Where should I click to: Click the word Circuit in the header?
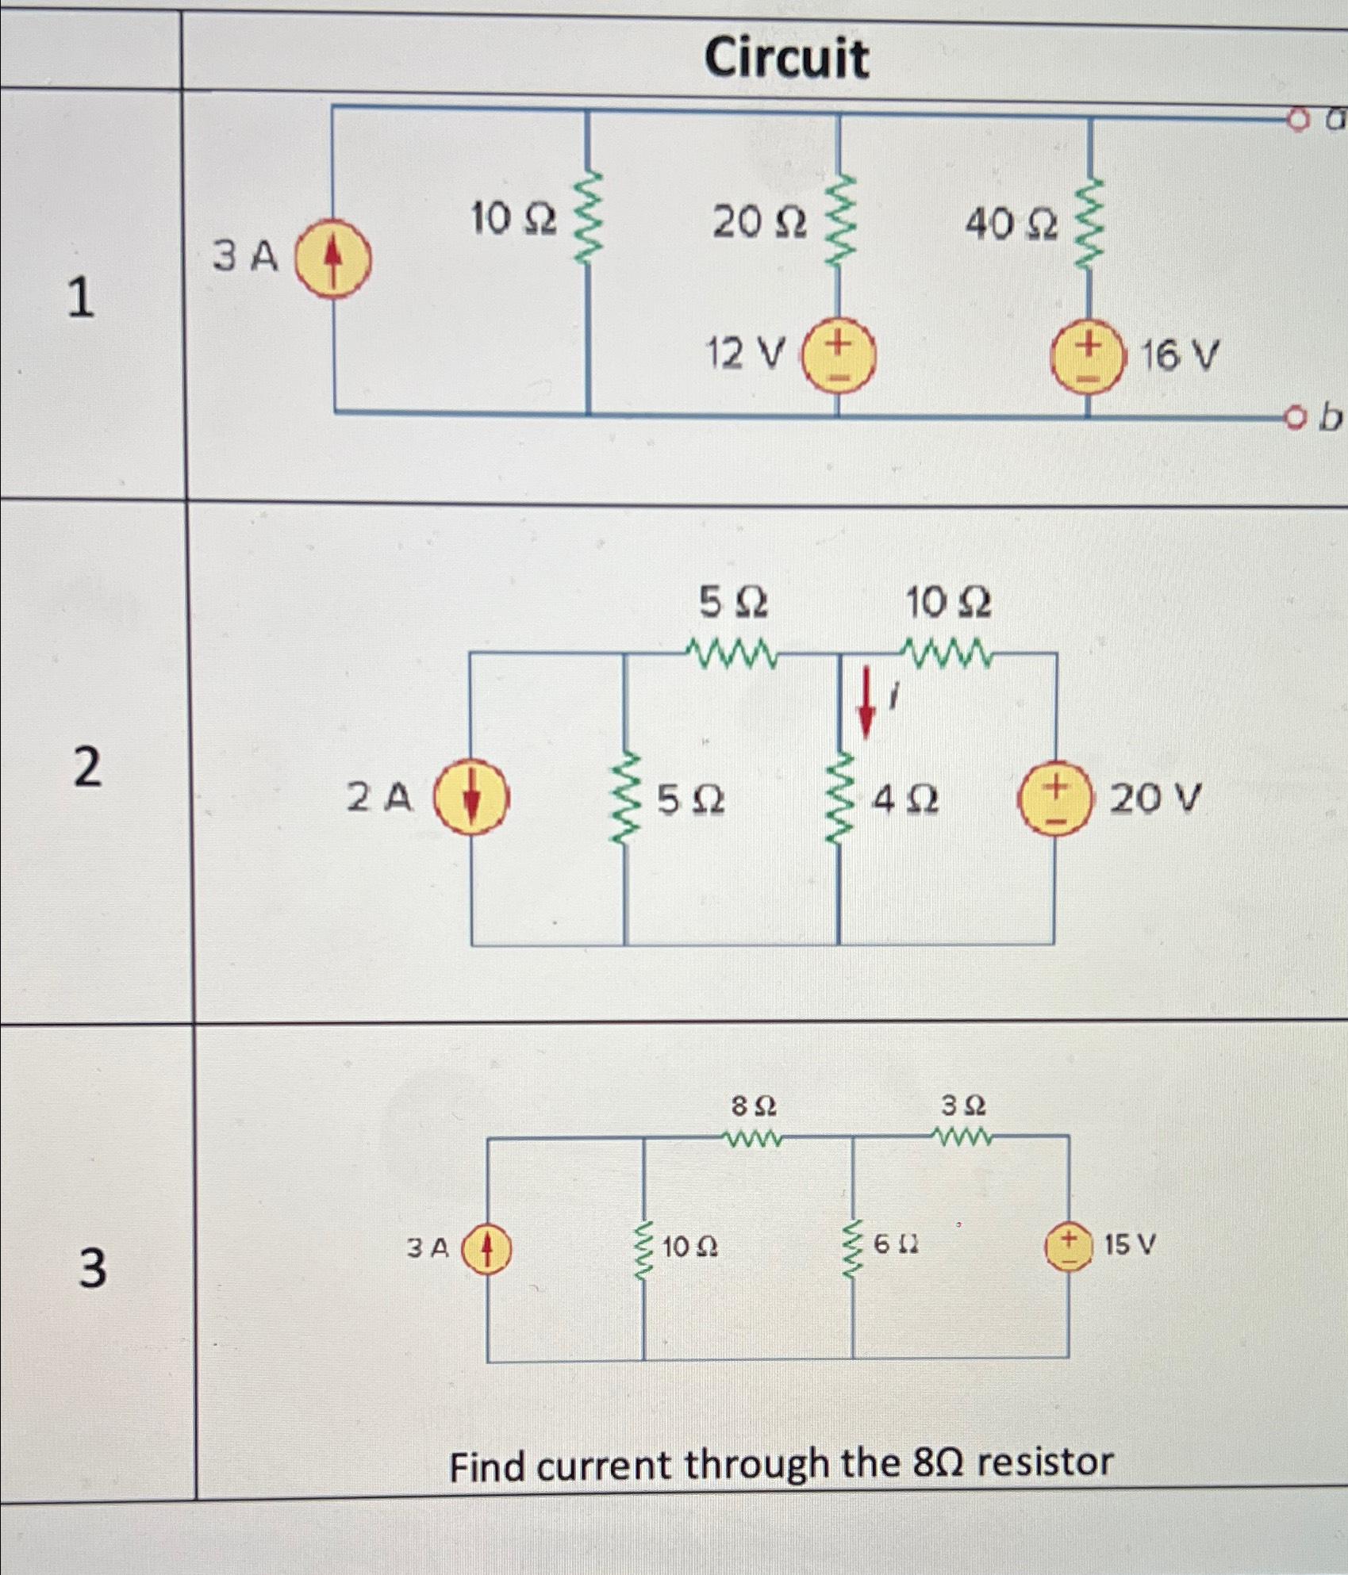(x=786, y=58)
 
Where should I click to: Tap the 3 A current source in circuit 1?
(x=333, y=259)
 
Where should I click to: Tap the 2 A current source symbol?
(x=470, y=796)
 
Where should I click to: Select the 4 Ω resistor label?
(x=904, y=801)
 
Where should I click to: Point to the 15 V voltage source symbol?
(x=1068, y=1247)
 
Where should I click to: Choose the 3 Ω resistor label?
(x=963, y=1105)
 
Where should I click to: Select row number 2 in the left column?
(x=88, y=768)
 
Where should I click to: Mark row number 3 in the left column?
(x=92, y=1267)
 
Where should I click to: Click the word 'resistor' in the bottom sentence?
(x=1045, y=1461)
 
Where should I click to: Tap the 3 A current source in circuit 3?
(x=486, y=1249)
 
